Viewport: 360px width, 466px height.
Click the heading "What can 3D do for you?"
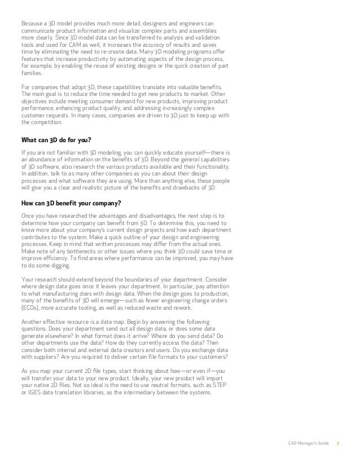56,140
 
